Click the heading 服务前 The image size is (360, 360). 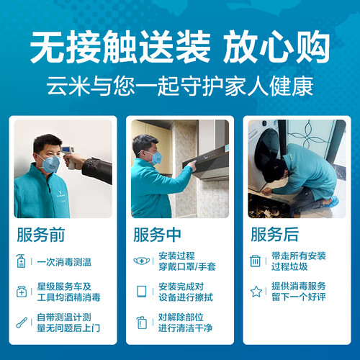[41, 235]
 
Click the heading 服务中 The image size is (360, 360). [157, 235]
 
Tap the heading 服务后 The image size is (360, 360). [275, 234]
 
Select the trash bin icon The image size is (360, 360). [255, 261]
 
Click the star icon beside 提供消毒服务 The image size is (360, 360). [256, 292]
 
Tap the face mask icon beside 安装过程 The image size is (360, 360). [142, 261]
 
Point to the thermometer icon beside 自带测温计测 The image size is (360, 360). [22, 323]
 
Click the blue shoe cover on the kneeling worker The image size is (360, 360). [331, 201]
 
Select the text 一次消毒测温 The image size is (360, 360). [64, 262]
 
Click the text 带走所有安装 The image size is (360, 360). [299, 256]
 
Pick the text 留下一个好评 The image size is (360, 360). [299, 297]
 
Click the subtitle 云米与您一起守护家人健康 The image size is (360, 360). [180, 86]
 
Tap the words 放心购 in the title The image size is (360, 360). [276, 47]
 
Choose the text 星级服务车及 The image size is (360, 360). [64, 287]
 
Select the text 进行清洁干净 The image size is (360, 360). [185, 328]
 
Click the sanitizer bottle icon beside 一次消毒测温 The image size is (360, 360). [21, 261]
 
